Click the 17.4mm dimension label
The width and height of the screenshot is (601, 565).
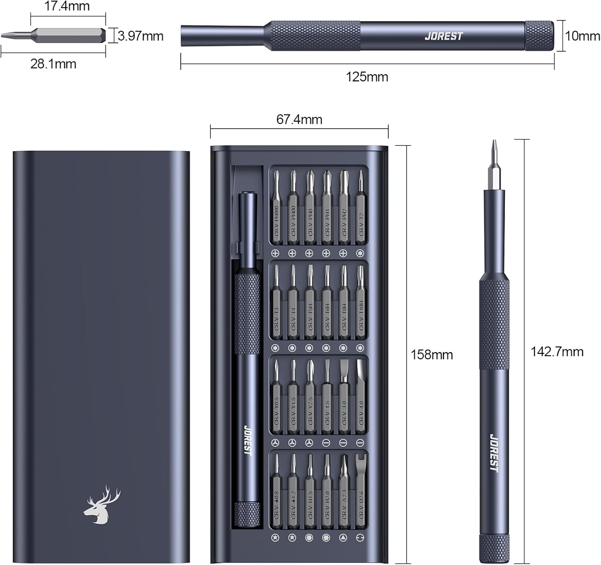(67, 6)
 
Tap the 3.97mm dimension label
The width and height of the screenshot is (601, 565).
(141, 36)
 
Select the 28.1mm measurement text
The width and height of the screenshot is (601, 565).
(53, 64)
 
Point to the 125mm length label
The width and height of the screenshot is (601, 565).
(367, 77)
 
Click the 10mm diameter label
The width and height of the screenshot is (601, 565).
(583, 36)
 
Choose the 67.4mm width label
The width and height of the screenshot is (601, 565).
(299, 119)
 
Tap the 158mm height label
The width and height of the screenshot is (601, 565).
(432, 354)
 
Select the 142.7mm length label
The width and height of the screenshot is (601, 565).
(557, 352)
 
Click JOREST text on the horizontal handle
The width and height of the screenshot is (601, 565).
(444, 36)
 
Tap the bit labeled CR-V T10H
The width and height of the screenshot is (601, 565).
(360, 309)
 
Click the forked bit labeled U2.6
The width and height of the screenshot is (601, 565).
(360, 493)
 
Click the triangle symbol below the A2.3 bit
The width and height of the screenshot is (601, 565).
(343, 538)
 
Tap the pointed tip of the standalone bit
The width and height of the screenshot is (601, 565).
(5, 35)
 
